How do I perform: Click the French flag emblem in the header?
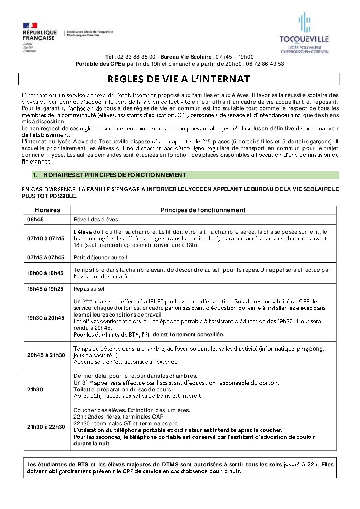tap(30, 26)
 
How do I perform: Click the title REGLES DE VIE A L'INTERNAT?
tap(179, 79)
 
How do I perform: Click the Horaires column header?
tap(47, 210)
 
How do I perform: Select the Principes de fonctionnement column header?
tap(203, 210)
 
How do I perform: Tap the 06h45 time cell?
tap(35, 220)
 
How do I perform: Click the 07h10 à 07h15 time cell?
tap(46, 238)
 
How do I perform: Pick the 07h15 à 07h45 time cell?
tap(46, 257)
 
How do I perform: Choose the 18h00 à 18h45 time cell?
tap(45, 273)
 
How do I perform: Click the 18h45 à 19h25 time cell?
tap(45, 289)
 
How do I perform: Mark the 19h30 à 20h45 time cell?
tap(46, 318)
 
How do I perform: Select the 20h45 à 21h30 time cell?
tap(46, 355)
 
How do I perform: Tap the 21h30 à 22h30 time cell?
tap(46, 427)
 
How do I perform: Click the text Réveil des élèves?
tap(96, 220)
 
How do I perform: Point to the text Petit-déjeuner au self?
tap(100, 258)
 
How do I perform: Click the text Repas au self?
tap(90, 289)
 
